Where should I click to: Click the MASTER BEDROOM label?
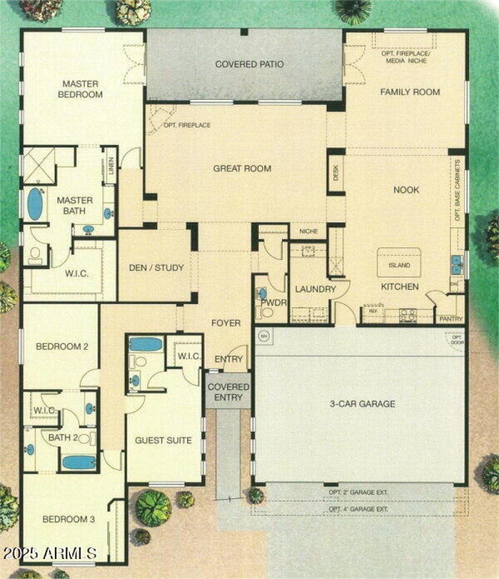pyautogui.click(x=80, y=89)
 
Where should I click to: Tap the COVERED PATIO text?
pyautogui.click(x=249, y=64)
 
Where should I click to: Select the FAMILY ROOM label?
pyautogui.click(x=410, y=92)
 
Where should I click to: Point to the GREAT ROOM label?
pyautogui.click(x=242, y=168)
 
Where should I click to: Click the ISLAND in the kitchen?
pyautogui.click(x=399, y=264)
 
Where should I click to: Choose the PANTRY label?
pyautogui.click(x=450, y=319)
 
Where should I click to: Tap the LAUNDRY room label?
pyautogui.click(x=315, y=289)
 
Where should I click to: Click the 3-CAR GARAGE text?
pyautogui.click(x=362, y=404)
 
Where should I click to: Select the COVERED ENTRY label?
pyautogui.click(x=228, y=392)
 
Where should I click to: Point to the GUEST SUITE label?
pyautogui.click(x=163, y=440)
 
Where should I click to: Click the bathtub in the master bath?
pyautogui.click(x=35, y=204)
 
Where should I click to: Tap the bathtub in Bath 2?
pyautogui.click(x=79, y=462)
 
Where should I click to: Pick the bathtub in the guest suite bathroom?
pyautogui.click(x=145, y=344)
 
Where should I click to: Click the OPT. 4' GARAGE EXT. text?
pyautogui.click(x=359, y=509)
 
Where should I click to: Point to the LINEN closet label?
pyautogui.click(x=111, y=166)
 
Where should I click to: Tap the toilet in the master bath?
pyautogui.click(x=36, y=254)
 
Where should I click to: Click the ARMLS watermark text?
pyautogui.click(x=50, y=553)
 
